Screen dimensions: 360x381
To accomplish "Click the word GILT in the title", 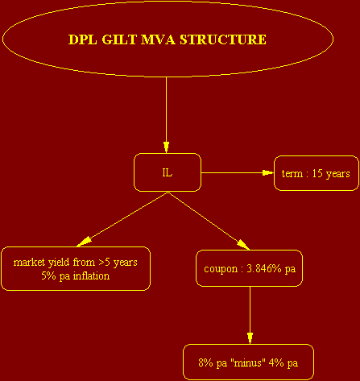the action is click(119, 39).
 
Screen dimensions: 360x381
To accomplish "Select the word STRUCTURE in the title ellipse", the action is click(223, 39).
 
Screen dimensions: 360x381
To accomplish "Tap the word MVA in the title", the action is click(158, 39).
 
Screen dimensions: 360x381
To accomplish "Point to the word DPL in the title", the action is click(83, 39).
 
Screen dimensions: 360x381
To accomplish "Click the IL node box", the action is click(168, 172).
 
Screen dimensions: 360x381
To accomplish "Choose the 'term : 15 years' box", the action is click(317, 173).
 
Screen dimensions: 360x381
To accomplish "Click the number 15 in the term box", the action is click(317, 173).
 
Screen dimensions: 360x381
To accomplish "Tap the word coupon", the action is click(221, 269).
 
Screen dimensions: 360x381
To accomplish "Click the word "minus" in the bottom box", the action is click(246, 363).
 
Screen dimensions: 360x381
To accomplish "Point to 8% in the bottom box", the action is click(205, 363).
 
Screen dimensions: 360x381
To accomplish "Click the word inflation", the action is click(91, 276).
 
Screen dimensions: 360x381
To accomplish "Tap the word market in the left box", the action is click(29, 263).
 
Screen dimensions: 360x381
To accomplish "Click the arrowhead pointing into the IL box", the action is click(166, 147).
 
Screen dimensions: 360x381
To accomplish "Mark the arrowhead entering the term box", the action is click(268, 172).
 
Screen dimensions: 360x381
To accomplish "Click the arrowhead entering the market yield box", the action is click(84, 242).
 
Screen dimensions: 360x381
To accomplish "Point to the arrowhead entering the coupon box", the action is click(243, 245).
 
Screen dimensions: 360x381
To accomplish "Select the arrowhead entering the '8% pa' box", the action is click(250, 338).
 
